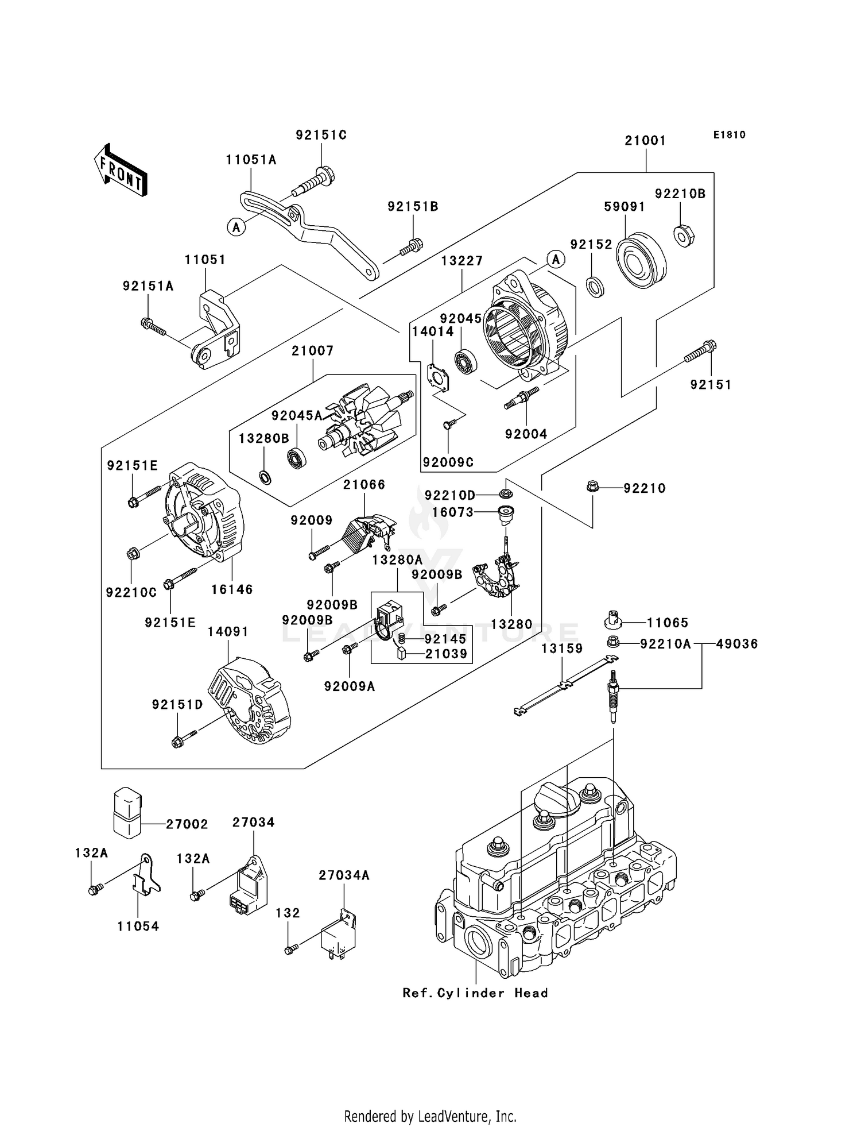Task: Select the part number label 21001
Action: [645, 140]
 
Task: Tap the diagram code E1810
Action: [730, 135]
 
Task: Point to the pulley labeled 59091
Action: [640, 261]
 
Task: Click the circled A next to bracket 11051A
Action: [236, 227]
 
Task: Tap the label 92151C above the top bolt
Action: [321, 135]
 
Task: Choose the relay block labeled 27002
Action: [127, 812]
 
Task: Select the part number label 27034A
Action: [344, 875]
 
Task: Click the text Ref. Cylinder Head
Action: [475, 1009]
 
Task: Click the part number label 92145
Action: [445, 639]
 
